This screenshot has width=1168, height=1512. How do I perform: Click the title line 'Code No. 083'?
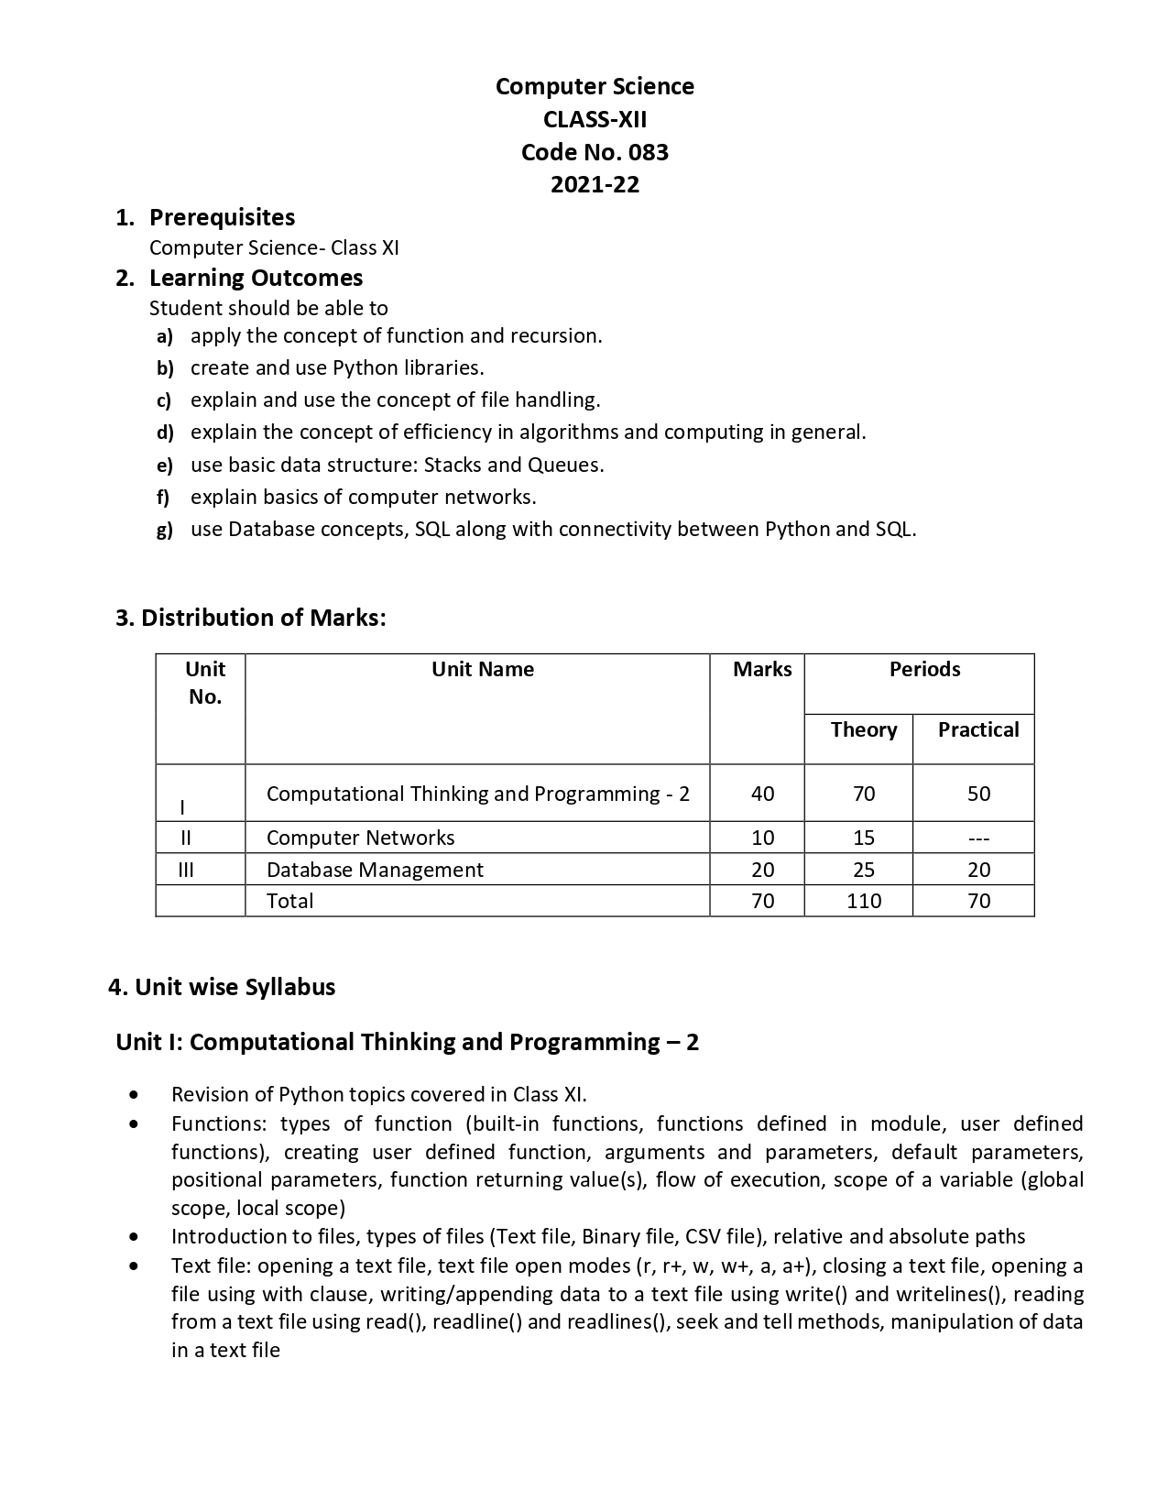point(595,152)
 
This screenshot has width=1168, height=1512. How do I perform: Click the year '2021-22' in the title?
point(595,185)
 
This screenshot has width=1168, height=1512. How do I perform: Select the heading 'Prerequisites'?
point(222,217)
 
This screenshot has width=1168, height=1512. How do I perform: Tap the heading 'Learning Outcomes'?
point(256,278)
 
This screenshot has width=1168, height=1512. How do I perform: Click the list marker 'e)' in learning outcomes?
point(164,466)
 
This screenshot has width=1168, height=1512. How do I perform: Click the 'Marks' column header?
point(761,670)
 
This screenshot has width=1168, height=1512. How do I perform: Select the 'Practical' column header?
point(977,730)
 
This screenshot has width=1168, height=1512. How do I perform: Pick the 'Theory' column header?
point(863,730)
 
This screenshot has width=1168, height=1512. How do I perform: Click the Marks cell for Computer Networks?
point(761,838)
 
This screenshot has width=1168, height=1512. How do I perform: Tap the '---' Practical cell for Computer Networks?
point(977,838)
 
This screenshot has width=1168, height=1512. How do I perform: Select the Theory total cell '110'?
point(863,901)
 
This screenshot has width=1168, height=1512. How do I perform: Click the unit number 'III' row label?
point(186,870)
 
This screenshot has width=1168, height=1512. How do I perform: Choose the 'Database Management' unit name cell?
point(374,870)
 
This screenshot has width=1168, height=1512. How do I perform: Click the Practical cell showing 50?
point(977,794)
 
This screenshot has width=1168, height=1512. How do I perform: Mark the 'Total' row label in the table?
point(289,901)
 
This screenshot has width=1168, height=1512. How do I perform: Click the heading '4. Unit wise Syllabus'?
point(222,987)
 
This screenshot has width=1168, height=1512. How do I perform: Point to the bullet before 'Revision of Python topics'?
point(136,1094)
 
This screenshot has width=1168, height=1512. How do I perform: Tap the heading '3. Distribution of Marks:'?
point(250,618)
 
